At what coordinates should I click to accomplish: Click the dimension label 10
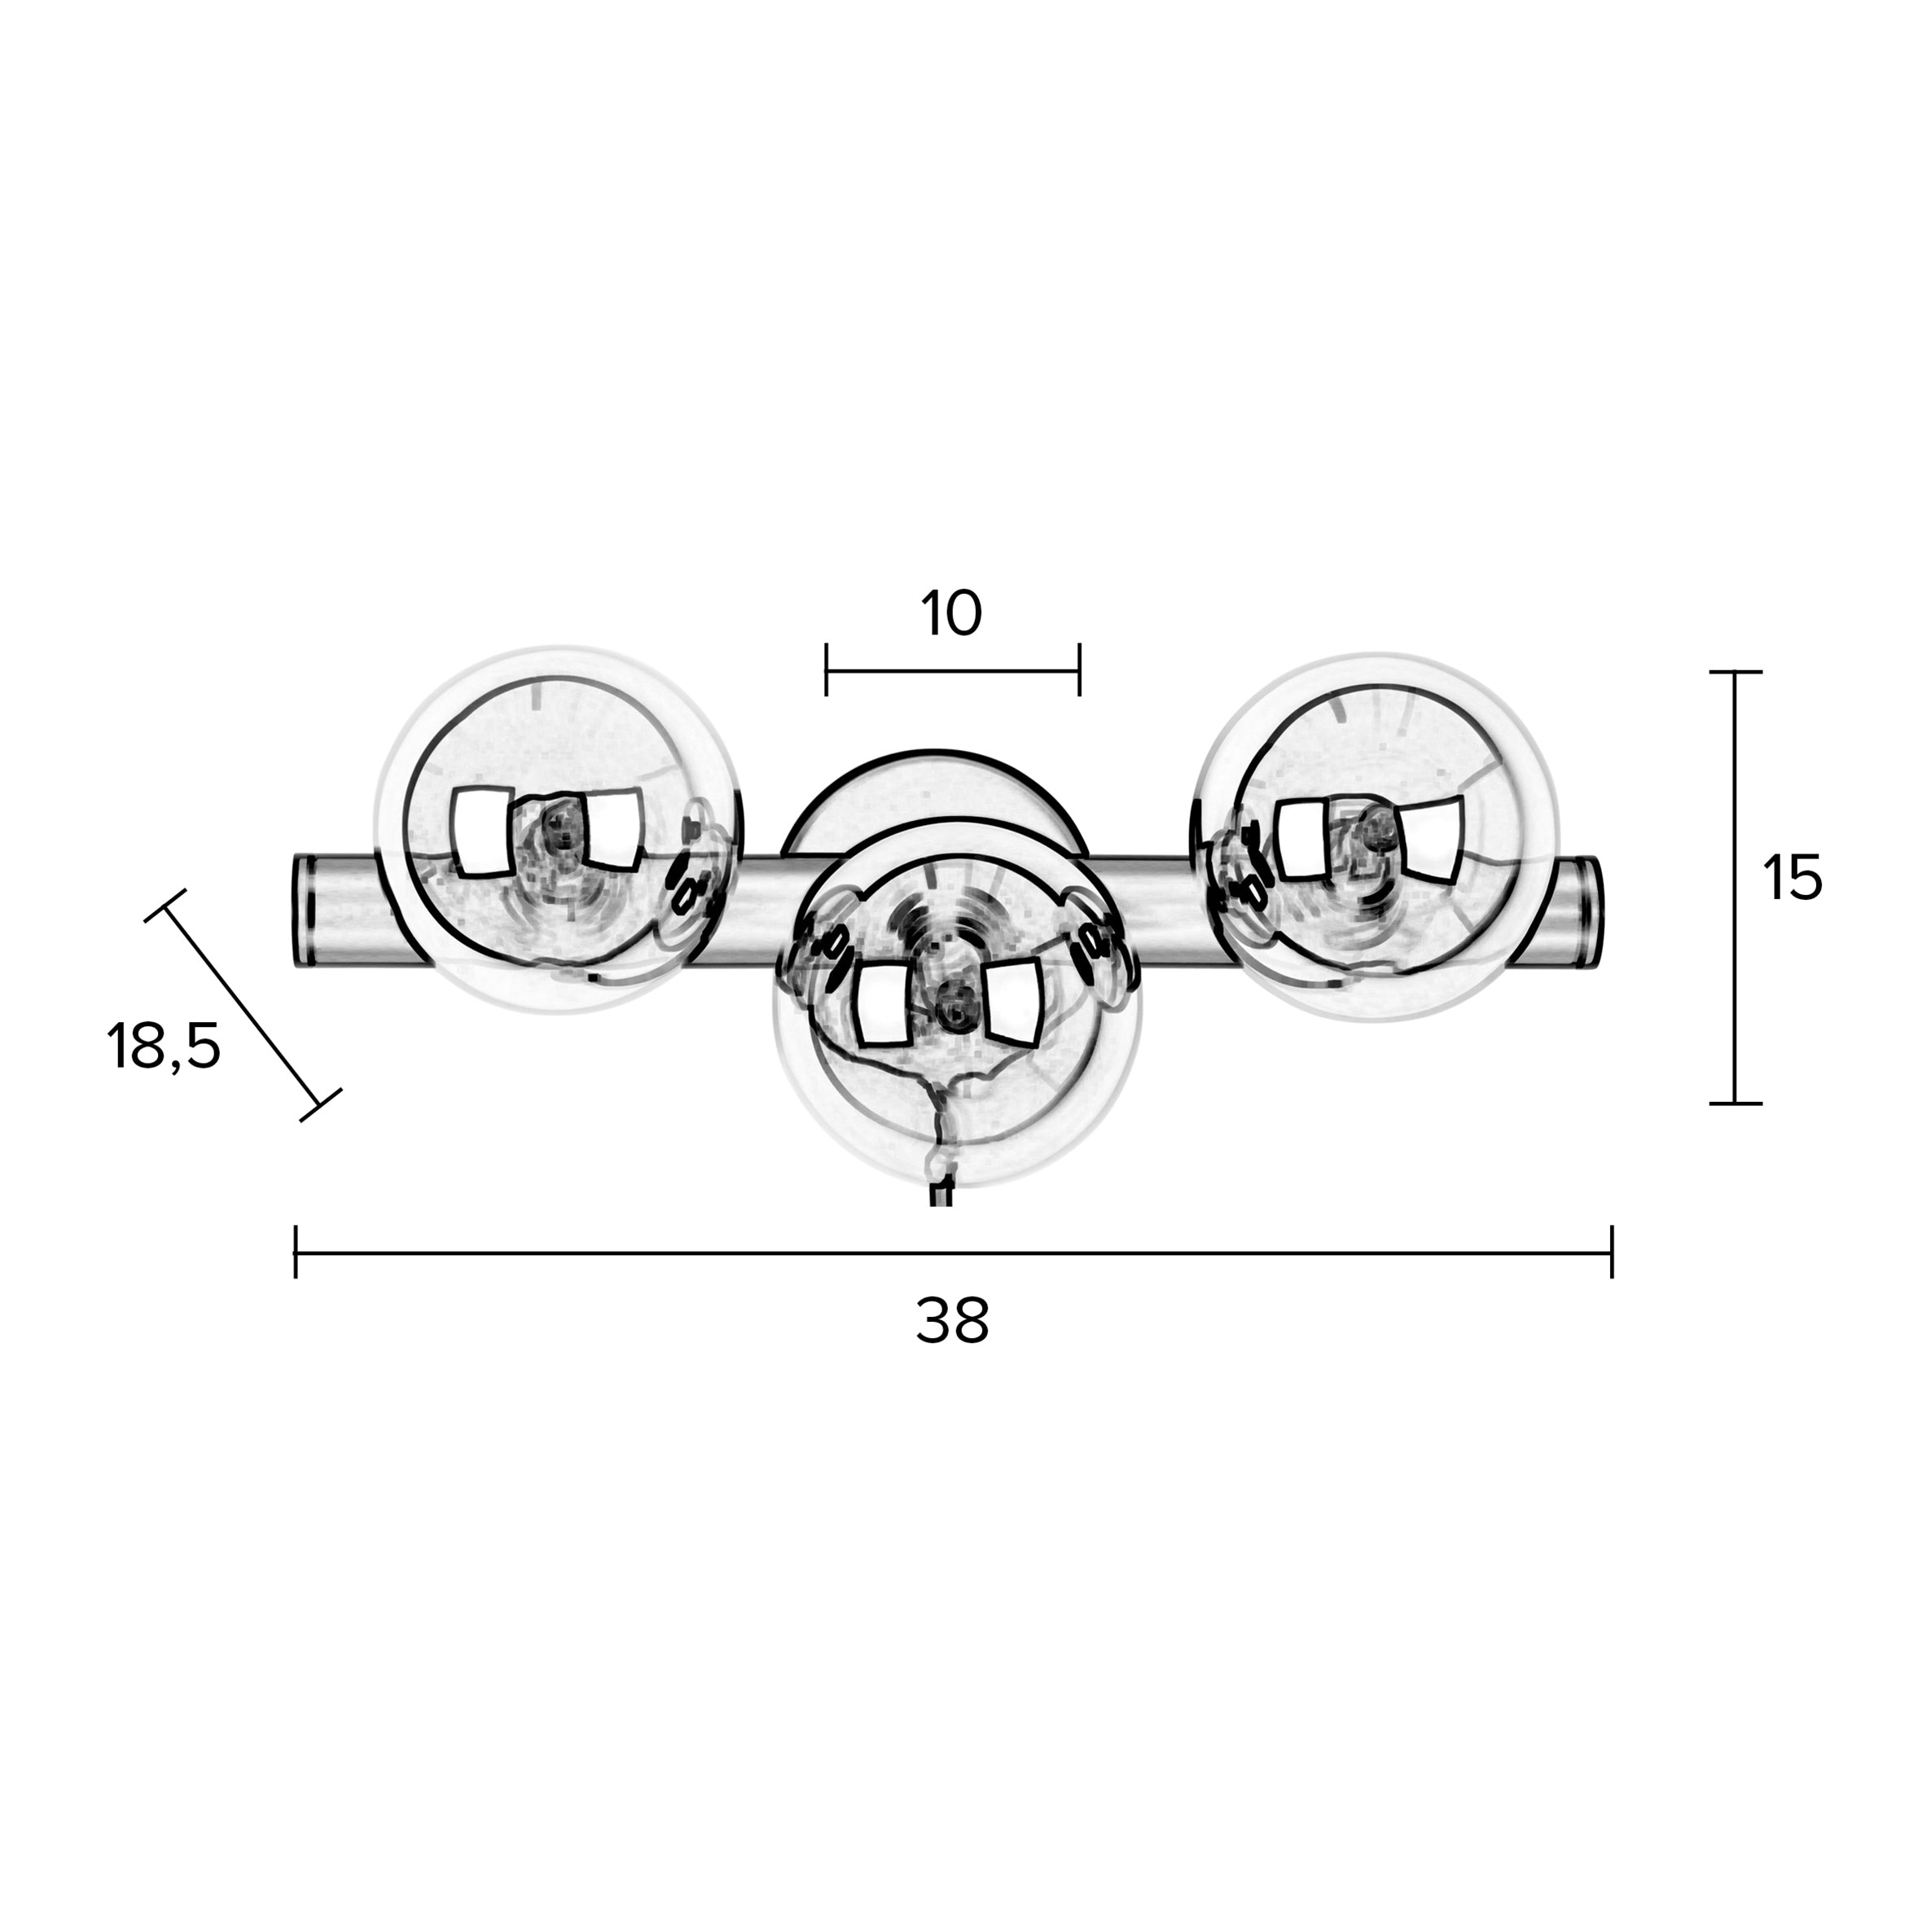[951, 614]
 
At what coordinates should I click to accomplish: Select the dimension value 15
[1792, 879]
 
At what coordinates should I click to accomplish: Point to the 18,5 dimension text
[163, 1047]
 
